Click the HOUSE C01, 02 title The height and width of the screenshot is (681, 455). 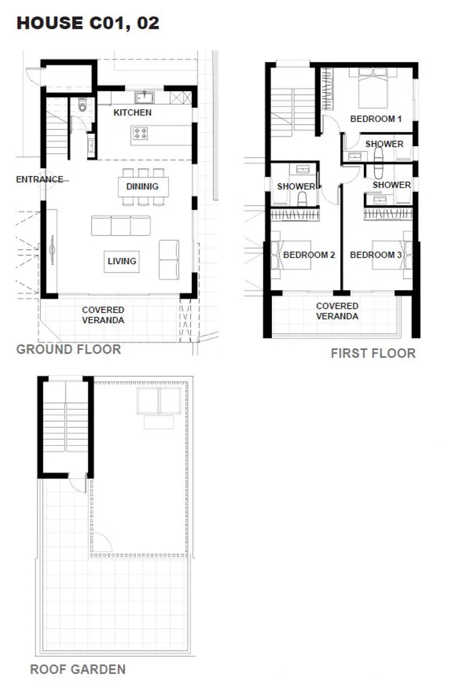point(88,23)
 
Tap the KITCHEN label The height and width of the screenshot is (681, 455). point(133,113)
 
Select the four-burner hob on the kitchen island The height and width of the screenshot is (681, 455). point(140,133)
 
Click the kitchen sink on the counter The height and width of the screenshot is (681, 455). point(144,97)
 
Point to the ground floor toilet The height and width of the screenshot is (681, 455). point(82,104)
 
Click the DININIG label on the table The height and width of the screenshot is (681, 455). point(142,186)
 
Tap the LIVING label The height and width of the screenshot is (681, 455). point(122,261)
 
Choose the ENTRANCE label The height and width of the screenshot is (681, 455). point(39,179)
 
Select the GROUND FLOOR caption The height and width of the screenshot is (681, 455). point(69,349)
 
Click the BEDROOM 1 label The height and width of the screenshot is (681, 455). point(376,118)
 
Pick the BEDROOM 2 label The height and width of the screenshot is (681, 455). point(309,255)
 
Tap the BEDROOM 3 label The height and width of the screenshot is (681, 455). point(376,255)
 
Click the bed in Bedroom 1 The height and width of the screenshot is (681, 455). point(373,88)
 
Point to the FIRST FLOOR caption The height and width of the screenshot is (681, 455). point(373,353)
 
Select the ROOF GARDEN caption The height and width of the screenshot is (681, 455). point(78,669)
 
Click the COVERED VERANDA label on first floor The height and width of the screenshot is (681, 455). point(337,311)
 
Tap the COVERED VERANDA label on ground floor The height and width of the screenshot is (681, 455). point(104,315)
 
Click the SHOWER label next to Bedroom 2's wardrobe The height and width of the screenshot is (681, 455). point(296,186)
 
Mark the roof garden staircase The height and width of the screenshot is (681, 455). point(65,427)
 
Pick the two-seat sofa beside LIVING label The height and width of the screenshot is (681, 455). point(169,260)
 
